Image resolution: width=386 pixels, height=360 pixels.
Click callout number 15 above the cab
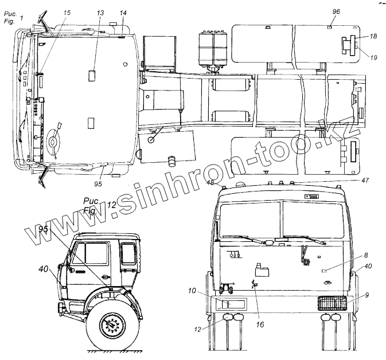68,12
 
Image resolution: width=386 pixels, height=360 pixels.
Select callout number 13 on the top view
100,12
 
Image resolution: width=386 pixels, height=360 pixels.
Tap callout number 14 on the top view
123,12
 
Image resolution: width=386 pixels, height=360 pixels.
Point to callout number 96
336,11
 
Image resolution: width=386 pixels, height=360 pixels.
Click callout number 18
373,36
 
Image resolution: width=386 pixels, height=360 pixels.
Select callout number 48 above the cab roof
211,182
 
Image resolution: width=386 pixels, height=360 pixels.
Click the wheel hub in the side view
112,327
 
